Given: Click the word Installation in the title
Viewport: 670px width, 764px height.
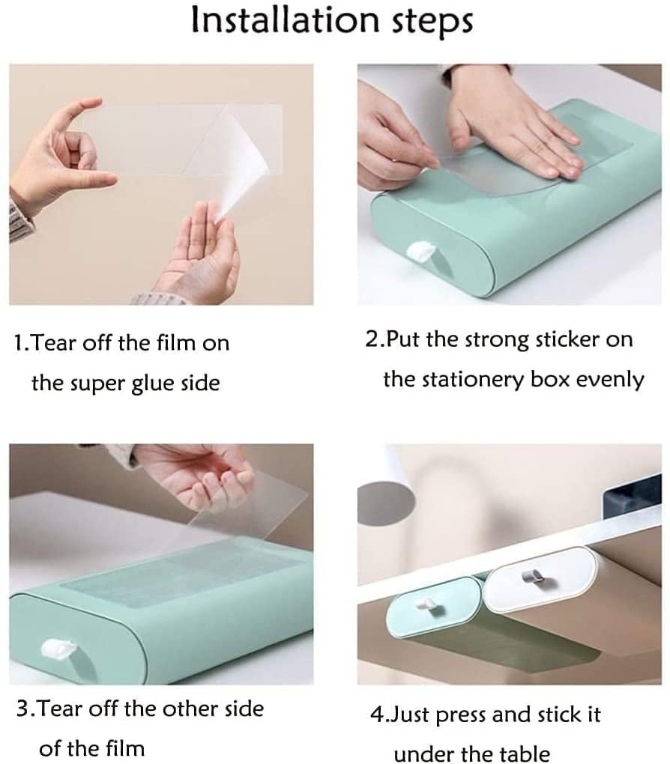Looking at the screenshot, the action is (285, 20).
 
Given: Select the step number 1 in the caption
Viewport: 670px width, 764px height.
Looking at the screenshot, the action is (19, 343).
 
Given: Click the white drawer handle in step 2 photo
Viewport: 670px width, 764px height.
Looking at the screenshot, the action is (421, 252).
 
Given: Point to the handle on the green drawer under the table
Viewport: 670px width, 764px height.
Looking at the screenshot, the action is (429, 607).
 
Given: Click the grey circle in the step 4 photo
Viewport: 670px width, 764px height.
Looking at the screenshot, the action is (385, 503).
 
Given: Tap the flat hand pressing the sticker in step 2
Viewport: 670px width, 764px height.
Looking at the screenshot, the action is (512, 126).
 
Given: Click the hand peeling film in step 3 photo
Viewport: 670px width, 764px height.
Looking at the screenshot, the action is (195, 475).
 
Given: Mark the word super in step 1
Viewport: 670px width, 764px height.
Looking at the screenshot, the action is (96, 384).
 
